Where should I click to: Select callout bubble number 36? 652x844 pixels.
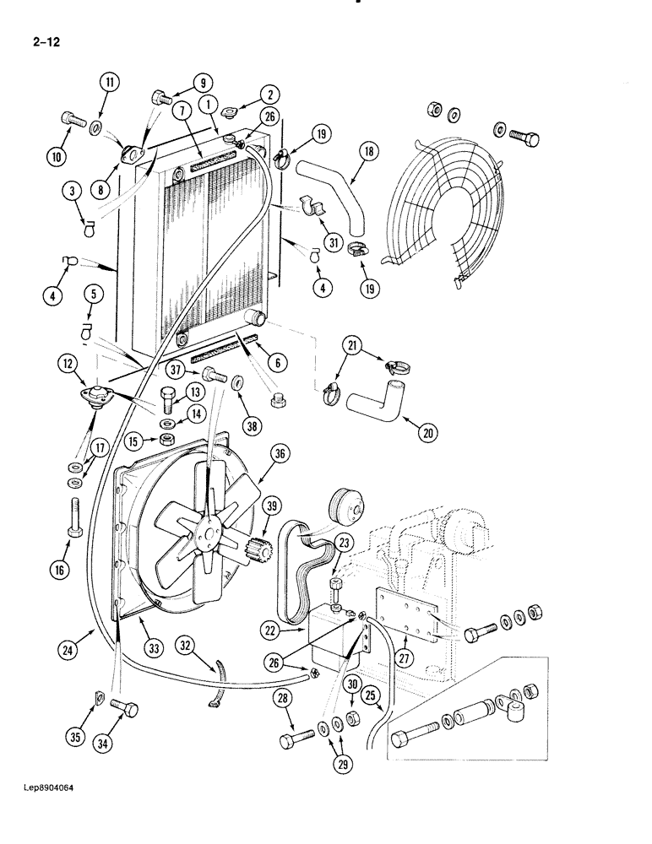tap(280, 454)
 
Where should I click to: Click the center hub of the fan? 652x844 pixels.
tap(205, 533)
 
